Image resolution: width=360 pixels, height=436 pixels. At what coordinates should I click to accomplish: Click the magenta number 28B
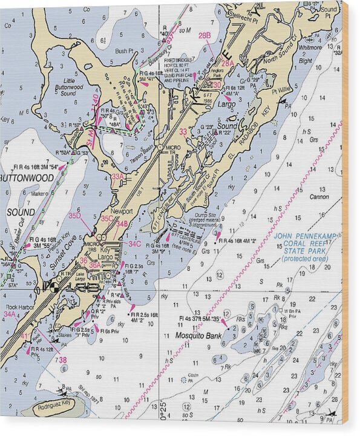pos(205,36)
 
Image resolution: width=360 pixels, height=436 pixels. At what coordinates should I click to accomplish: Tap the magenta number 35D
pos(74,216)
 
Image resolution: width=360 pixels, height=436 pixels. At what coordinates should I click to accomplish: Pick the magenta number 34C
pos(134,243)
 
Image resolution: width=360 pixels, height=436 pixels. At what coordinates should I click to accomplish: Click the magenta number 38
pos(62,360)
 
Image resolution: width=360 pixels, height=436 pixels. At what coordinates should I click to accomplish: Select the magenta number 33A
pos(117,176)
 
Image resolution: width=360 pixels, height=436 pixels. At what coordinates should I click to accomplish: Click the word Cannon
pos(319,197)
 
